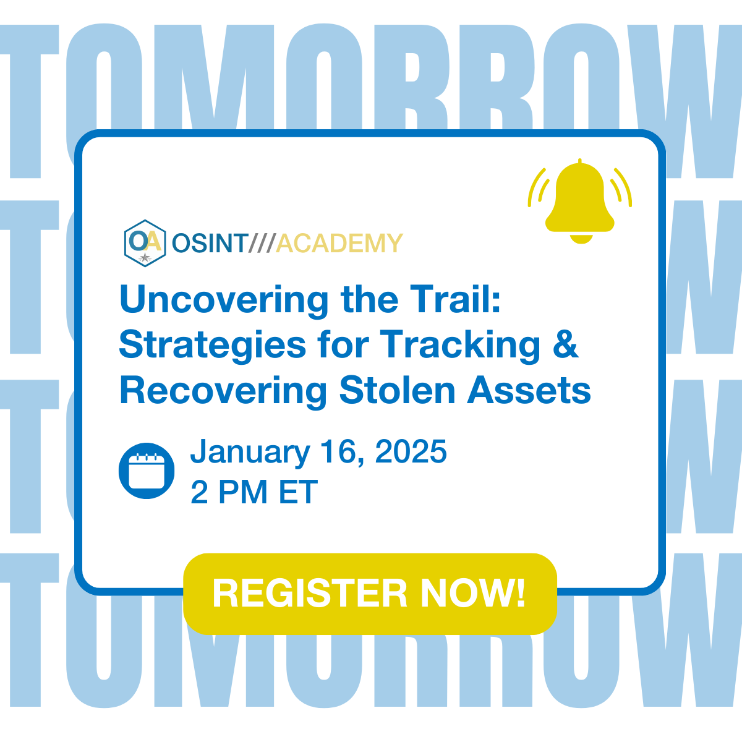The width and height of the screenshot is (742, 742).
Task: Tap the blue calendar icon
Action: (x=147, y=471)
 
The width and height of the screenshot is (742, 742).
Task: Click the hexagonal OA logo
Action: (x=145, y=243)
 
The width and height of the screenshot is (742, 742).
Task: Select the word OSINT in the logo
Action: (x=210, y=244)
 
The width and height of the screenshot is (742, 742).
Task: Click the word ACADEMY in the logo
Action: (x=339, y=244)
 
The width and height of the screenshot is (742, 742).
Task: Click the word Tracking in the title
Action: (x=461, y=346)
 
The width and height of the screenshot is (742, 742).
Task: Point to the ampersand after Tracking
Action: (x=565, y=344)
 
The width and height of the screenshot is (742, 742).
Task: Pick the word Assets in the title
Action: (x=529, y=391)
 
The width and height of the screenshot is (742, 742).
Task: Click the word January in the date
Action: (x=250, y=453)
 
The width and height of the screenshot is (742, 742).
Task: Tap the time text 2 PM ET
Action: (x=254, y=493)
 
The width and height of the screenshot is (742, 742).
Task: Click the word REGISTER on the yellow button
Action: (x=310, y=594)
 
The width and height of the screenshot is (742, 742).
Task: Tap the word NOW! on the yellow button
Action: (x=473, y=594)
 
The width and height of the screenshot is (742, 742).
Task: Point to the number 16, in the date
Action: (x=343, y=452)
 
